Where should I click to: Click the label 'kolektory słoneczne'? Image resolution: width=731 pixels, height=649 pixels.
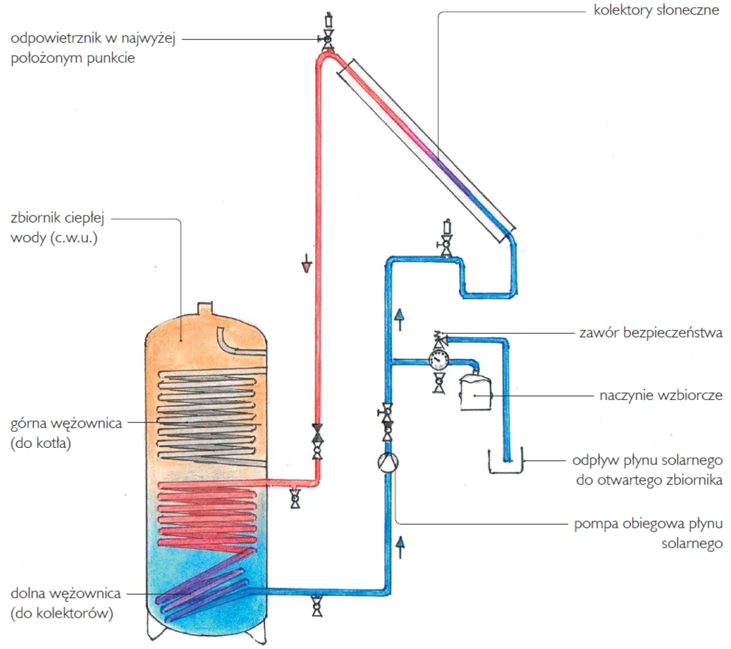click(x=656, y=10)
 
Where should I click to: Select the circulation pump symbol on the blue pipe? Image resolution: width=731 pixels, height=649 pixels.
click(x=388, y=462)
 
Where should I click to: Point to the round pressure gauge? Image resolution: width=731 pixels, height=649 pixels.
click(x=439, y=360)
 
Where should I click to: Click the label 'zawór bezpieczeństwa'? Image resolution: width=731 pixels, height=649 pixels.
click(x=650, y=332)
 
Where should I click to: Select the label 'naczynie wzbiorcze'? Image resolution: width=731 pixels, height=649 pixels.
click(x=661, y=395)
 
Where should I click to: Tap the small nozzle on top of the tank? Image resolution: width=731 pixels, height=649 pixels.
click(x=205, y=309)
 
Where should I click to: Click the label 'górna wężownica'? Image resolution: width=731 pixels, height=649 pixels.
click(x=66, y=424)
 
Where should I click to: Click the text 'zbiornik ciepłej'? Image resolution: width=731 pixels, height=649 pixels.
click(x=57, y=218)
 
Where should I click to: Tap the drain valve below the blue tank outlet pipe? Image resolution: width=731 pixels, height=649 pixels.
click(x=317, y=606)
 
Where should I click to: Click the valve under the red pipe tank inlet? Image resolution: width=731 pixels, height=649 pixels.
click(x=295, y=498)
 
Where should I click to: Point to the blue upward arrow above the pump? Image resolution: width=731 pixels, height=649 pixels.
click(x=400, y=318)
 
